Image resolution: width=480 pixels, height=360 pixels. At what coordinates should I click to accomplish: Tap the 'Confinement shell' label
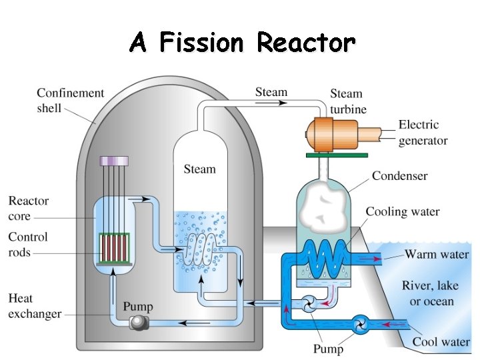tap(70, 99)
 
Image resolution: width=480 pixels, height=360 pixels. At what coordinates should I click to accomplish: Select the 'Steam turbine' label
tap(347, 101)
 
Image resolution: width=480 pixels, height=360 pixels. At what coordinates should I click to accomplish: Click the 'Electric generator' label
tap(423, 132)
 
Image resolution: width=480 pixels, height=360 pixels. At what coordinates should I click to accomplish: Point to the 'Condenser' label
tap(399, 176)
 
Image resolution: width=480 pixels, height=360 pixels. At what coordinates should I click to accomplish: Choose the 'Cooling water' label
tap(402, 212)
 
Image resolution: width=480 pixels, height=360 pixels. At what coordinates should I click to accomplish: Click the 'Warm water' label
tap(437, 254)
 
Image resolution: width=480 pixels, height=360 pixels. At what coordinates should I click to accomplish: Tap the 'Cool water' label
tap(441, 342)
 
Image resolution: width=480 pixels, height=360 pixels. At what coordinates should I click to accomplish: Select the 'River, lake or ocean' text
tap(430, 293)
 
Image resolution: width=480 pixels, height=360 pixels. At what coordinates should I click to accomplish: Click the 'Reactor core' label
tap(29, 208)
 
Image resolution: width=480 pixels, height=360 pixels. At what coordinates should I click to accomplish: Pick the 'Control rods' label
tap(28, 244)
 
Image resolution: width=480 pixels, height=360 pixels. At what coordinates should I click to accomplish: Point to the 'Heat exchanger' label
tap(35, 306)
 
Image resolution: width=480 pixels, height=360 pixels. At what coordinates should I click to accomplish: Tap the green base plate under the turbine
tap(337, 155)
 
